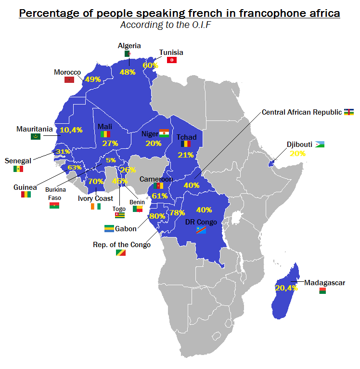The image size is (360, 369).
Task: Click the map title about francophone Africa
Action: [x=180, y=13]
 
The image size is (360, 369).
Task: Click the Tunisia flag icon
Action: [x=172, y=60]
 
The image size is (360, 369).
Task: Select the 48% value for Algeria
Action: [x=128, y=72]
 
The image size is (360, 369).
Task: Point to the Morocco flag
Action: [x=69, y=79]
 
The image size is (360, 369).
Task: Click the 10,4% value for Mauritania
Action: [x=71, y=130]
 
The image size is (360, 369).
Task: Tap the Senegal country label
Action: [x=18, y=160]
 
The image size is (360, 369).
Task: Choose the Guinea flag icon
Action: [x=26, y=195]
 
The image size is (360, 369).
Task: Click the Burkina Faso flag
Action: [x=54, y=206]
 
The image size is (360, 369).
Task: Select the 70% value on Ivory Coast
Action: [x=96, y=181]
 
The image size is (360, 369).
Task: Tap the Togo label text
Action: [x=119, y=209]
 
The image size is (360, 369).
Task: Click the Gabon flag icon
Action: [x=109, y=228]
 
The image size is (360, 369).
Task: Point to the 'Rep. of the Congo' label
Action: [x=121, y=245]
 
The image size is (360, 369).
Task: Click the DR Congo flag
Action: [x=201, y=231]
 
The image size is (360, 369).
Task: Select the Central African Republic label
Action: [x=301, y=112]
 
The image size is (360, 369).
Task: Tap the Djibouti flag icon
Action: [x=320, y=145]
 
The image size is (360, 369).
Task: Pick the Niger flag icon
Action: [x=165, y=133]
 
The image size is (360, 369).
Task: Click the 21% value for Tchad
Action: [x=185, y=155]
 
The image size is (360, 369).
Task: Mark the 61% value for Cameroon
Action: [x=159, y=196]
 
